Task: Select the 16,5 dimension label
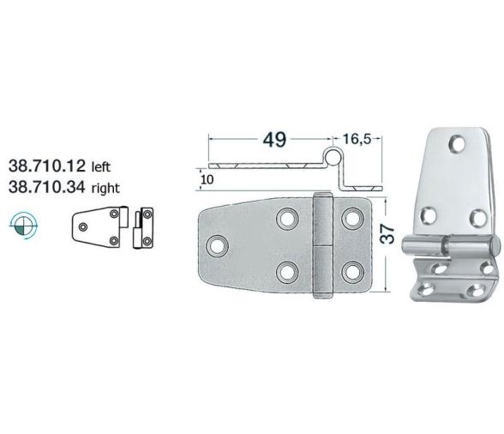pos(361,137)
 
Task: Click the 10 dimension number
pos(206,179)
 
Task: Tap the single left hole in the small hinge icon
pos(83,226)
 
